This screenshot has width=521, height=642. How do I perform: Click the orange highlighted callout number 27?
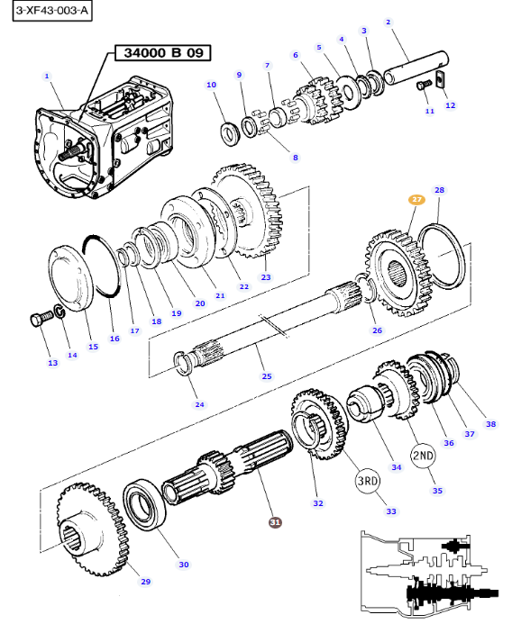[x=416, y=199]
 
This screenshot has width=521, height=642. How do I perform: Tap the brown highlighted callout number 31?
[x=275, y=522]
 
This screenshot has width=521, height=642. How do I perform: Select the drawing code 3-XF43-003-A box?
[x=52, y=11]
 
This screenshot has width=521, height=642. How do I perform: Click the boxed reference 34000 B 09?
[x=163, y=53]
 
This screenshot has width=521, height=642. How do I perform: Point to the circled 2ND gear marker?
[x=423, y=456]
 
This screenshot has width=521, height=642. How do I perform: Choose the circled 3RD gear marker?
[x=367, y=481]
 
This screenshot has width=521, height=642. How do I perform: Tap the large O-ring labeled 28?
[x=441, y=257]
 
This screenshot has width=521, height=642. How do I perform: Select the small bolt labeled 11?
[x=424, y=85]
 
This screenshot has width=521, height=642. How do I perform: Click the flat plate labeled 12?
[x=441, y=78]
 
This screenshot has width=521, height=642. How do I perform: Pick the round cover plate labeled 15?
[x=71, y=278]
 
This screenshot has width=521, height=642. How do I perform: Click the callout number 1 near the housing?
[x=47, y=76]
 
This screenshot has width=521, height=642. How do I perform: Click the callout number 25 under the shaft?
[x=267, y=376]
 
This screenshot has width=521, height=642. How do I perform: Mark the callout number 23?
[x=266, y=277]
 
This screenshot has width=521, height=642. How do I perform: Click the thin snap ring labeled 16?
[x=103, y=266]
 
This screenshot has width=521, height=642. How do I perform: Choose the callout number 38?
[x=490, y=424]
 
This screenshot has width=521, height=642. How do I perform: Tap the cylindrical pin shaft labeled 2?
[x=416, y=68]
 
